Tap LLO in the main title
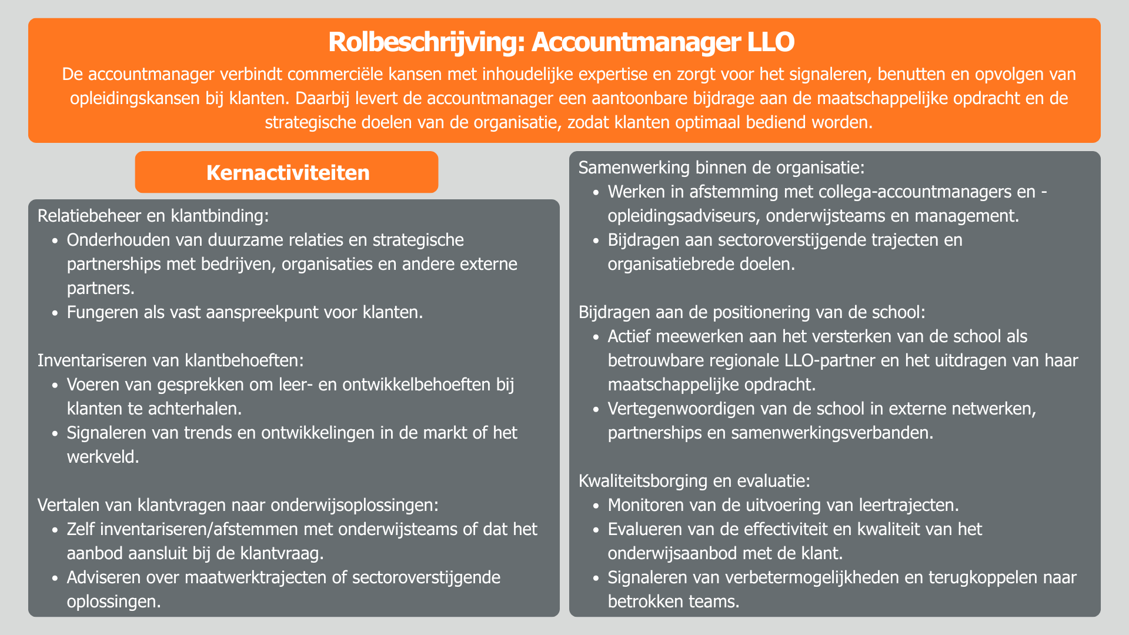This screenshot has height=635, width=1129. [x=770, y=42]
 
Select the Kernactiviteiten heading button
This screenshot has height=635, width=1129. [x=287, y=172]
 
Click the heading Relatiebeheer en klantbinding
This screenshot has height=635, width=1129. [x=153, y=216]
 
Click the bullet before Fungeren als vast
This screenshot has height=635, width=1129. [x=55, y=313]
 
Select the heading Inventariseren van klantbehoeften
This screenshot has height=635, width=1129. [x=171, y=360]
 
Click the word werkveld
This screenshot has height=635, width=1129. [x=102, y=457]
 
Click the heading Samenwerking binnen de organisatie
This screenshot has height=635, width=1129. [x=722, y=168]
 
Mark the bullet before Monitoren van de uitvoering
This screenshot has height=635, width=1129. [x=596, y=506]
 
